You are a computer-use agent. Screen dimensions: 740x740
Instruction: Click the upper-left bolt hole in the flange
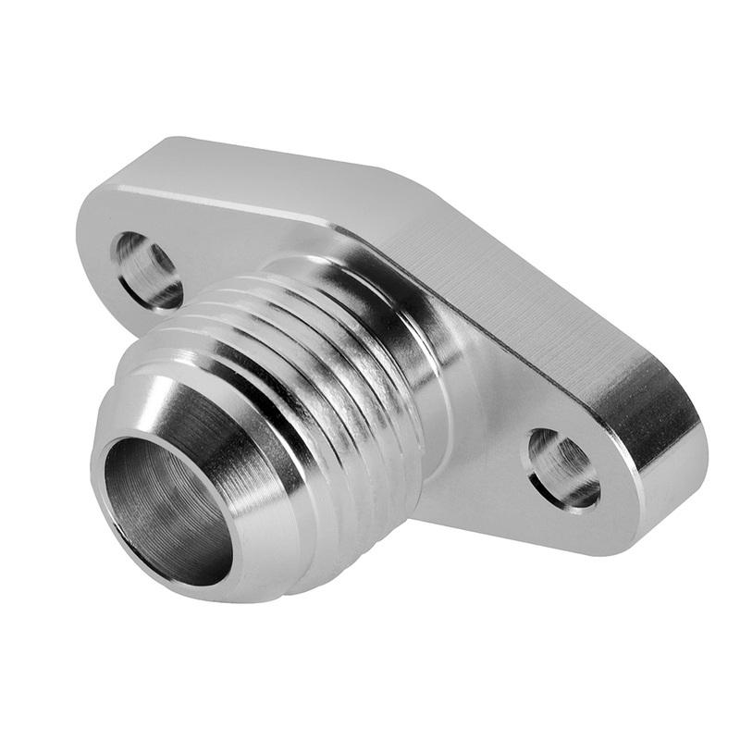tap(147, 270)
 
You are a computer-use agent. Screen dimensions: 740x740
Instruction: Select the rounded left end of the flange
tap(92, 231)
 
